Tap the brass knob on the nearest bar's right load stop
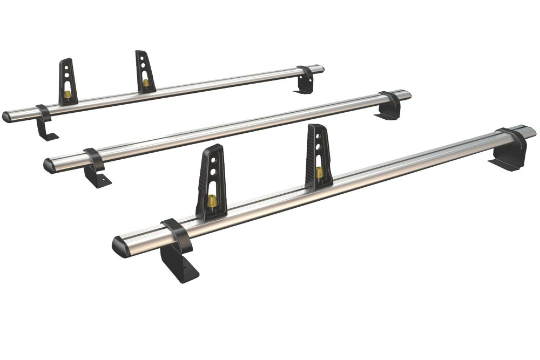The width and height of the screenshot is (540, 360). click(320, 172)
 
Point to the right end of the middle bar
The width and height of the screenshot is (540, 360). click(406, 94)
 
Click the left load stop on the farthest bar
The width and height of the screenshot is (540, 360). click(68, 81)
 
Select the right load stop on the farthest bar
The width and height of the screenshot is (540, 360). click(145, 72)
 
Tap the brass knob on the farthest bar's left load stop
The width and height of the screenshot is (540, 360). click(68, 94)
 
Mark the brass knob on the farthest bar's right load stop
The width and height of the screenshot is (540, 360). click(146, 83)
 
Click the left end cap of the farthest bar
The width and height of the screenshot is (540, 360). click(7, 117)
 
